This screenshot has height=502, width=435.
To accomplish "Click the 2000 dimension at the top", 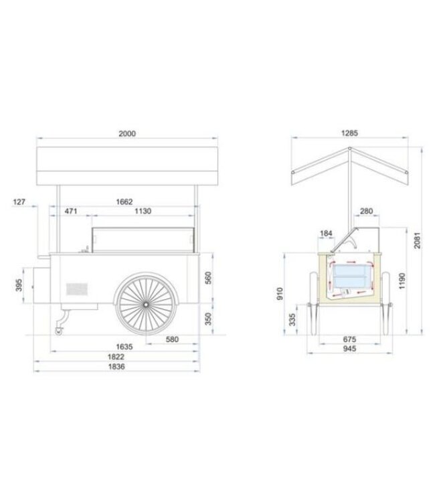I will click(128, 133).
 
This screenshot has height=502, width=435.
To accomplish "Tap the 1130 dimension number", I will click(143, 211).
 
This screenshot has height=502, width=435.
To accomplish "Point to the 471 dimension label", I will click(72, 211).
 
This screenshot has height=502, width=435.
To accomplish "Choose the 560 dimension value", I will click(209, 276).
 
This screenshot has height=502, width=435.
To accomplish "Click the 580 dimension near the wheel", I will click(171, 339).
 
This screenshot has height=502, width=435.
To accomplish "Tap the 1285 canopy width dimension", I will click(349, 133).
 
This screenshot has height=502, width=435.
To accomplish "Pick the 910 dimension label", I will click(279, 293).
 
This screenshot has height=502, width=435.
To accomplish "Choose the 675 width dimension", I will click(349, 339).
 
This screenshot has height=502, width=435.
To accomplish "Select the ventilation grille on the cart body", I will click(77, 289).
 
